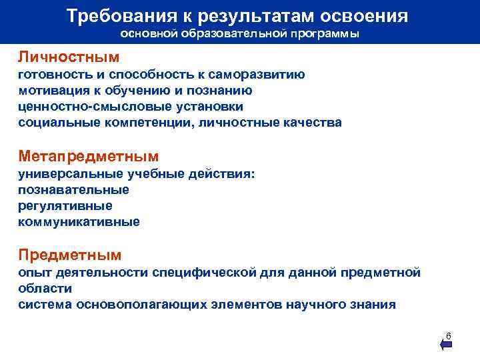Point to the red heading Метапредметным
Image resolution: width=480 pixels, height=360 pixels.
[x=89, y=157]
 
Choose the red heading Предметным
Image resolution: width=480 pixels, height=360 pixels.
[x=70, y=255]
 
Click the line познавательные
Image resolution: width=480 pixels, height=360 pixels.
[x=73, y=190]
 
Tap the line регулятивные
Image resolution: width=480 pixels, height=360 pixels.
[x=65, y=206]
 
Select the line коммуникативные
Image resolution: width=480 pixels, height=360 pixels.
[x=79, y=222]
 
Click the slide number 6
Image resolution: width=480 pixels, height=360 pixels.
[x=449, y=335]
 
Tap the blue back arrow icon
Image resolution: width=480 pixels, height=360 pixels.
[x=446, y=345]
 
